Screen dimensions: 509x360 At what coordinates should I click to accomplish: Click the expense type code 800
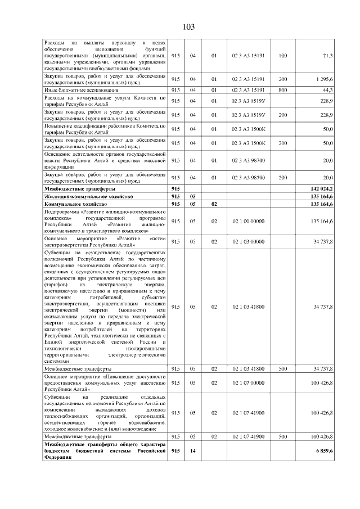tap(282, 90)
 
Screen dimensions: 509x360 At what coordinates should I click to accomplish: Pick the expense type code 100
tap(282, 55)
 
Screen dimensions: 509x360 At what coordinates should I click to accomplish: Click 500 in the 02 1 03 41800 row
tap(282, 368)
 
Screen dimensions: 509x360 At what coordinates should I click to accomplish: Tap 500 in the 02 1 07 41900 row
tap(282, 436)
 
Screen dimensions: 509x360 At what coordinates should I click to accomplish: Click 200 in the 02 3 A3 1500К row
tap(282, 143)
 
